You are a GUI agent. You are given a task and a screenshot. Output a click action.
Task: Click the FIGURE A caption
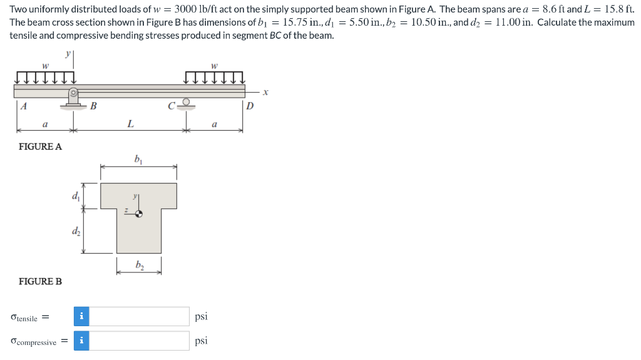(41, 147)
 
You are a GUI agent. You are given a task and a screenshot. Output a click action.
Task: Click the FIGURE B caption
(41, 281)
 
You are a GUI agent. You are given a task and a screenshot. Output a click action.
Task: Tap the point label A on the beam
(23, 106)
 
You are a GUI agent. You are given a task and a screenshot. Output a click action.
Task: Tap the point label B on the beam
(93, 106)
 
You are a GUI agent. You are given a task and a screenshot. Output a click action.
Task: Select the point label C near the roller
(171, 105)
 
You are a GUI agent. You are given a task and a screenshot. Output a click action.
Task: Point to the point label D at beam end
(250, 106)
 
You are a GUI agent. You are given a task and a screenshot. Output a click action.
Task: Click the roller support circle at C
(185, 101)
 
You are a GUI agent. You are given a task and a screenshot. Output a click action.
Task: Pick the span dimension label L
(130, 124)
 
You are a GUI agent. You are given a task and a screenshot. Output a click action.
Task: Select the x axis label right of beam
(265, 91)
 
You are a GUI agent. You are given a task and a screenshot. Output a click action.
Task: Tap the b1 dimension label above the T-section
(138, 159)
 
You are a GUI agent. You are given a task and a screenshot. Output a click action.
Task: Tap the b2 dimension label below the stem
(139, 265)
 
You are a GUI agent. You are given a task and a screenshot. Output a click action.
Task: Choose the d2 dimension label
(76, 232)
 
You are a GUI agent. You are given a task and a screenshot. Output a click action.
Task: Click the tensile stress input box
(140, 317)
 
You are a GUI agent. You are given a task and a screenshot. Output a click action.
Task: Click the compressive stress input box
(140, 341)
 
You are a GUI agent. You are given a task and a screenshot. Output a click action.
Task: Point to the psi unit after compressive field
(201, 341)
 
